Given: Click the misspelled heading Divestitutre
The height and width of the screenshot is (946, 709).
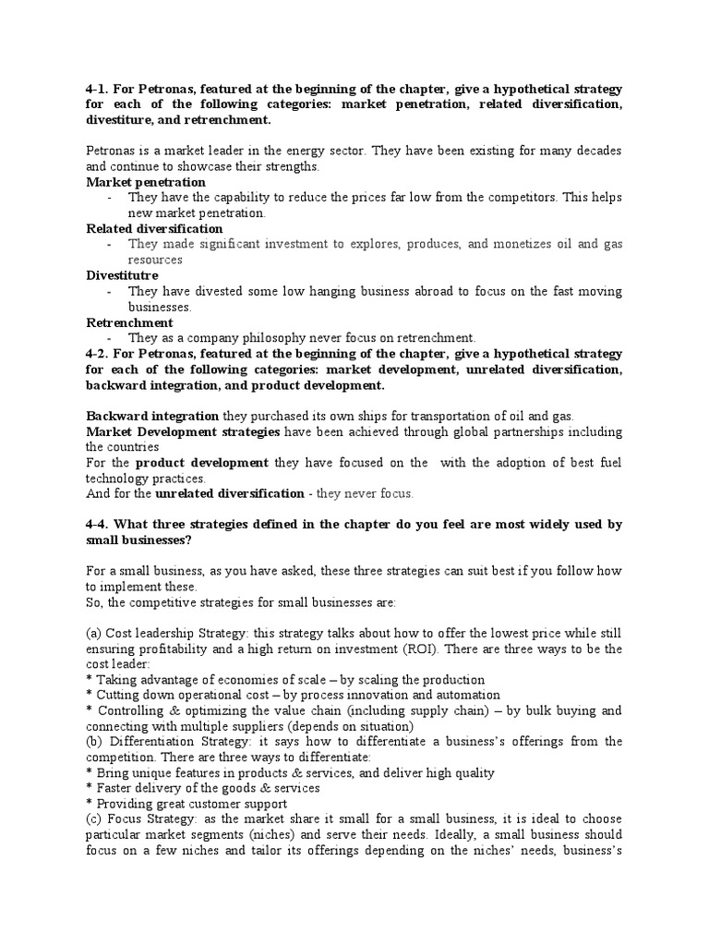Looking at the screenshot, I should [x=122, y=275].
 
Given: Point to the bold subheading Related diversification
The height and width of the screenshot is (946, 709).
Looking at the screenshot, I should [x=154, y=228].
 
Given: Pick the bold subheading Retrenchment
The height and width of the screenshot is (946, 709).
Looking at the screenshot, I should [x=129, y=322].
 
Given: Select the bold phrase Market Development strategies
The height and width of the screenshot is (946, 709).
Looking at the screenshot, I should [x=184, y=432].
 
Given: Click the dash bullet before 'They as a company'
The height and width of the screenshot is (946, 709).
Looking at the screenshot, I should [x=109, y=338].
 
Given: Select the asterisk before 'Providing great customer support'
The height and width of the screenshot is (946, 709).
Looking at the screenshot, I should [x=89, y=804].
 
